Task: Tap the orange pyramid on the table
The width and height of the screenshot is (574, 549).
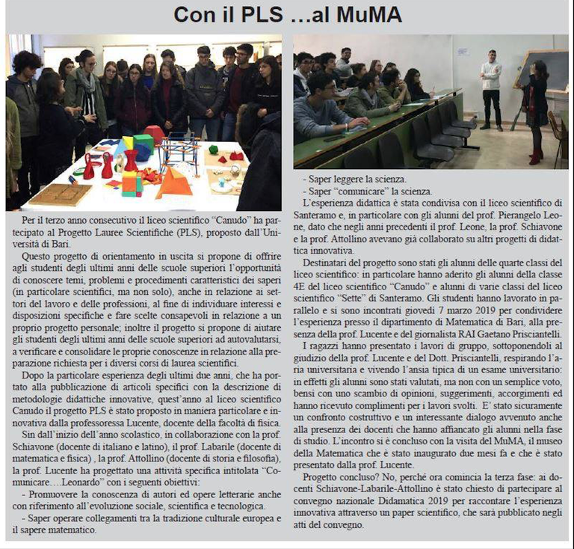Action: click(x=173, y=182)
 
